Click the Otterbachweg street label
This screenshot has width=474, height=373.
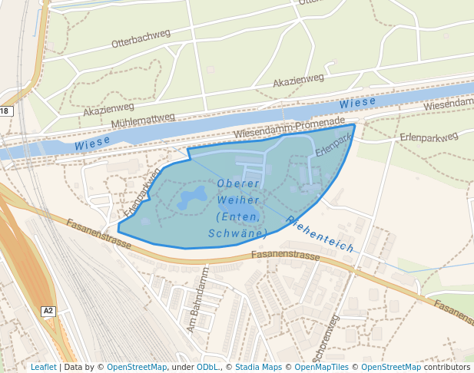[141, 42]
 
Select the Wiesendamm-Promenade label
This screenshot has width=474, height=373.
[289, 127]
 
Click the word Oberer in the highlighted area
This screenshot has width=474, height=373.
[239, 183]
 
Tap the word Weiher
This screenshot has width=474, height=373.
[237, 200]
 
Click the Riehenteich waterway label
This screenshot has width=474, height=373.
[320, 235]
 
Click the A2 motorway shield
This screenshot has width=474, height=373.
[49, 311]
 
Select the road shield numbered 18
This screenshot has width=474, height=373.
[5, 111]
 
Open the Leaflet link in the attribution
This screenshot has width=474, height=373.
[44, 367]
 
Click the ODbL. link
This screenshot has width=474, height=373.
[207, 367]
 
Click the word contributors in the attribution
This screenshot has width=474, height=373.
[447, 367]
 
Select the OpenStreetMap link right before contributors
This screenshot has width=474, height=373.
[391, 367]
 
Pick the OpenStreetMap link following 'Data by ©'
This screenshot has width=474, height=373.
[137, 367]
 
